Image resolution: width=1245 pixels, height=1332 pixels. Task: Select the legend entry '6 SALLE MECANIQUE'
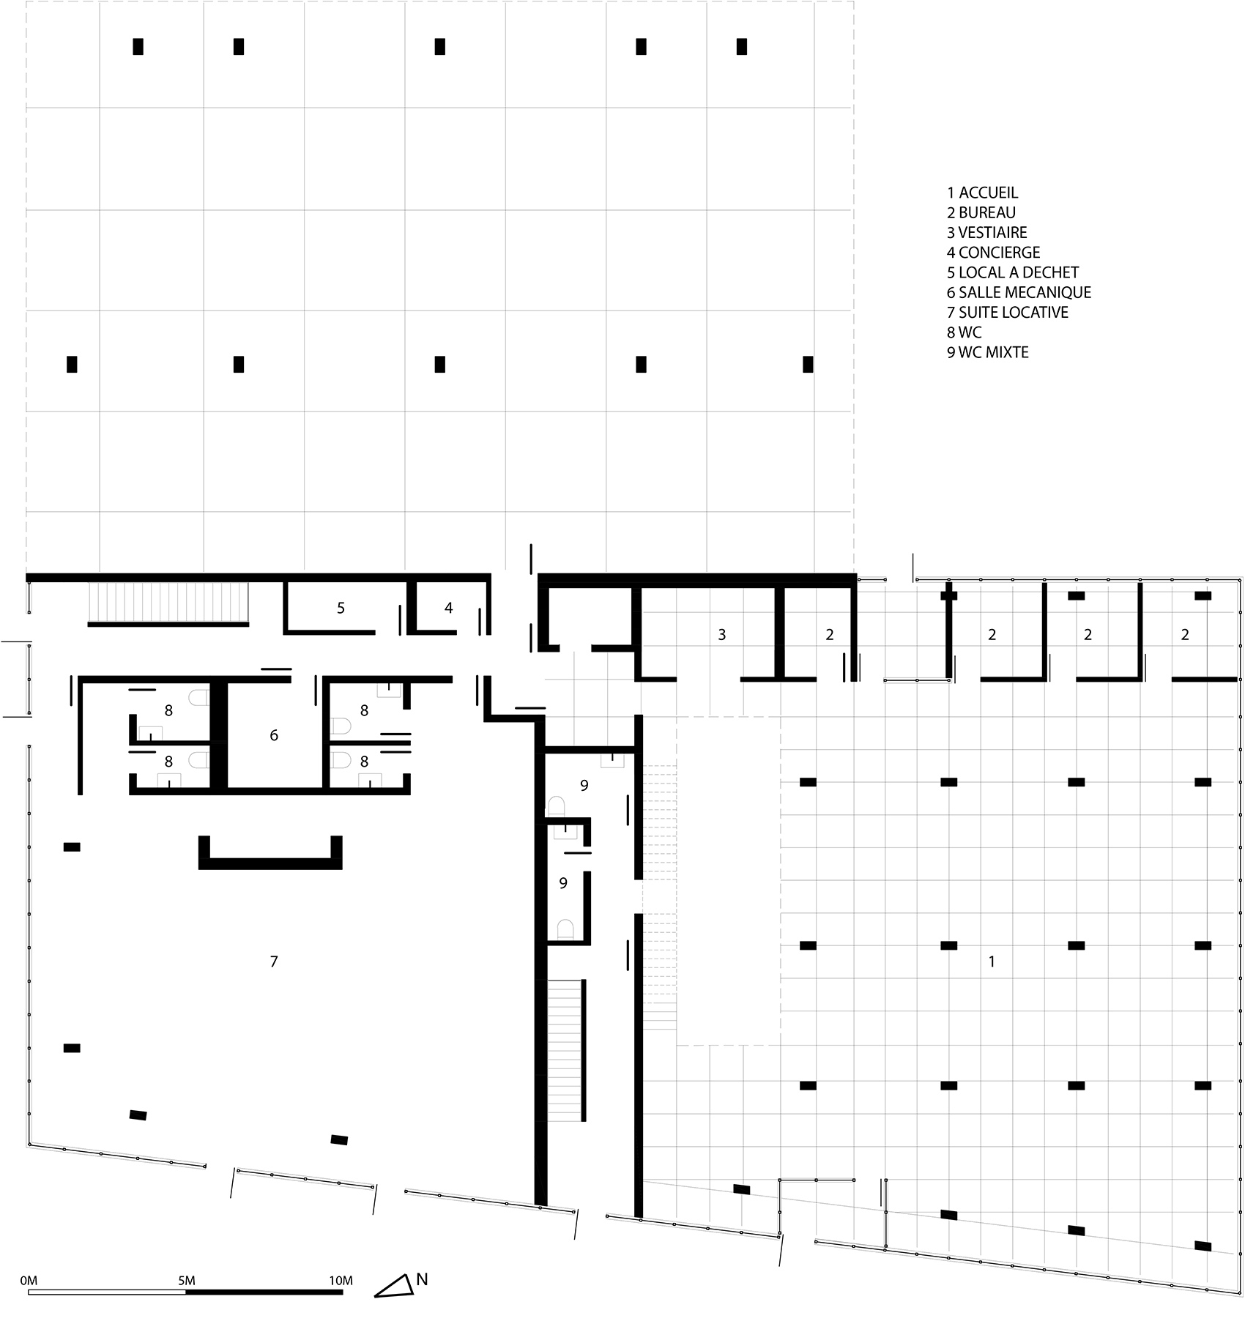[1019, 292]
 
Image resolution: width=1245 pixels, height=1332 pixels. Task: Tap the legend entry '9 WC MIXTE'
[987, 352]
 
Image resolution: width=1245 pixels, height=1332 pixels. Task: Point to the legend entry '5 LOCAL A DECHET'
[1013, 272]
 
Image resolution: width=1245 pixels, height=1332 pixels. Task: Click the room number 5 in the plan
[341, 608]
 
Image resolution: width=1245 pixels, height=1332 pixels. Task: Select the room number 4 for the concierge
[449, 608]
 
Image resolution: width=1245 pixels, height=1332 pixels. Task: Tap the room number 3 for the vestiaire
[721, 635]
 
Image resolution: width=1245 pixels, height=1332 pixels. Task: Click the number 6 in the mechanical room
[274, 735]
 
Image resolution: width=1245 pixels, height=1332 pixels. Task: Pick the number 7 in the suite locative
[274, 961]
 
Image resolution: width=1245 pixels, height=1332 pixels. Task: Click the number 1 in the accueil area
[992, 961]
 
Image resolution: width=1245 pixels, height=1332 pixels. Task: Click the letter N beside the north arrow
[422, 1279]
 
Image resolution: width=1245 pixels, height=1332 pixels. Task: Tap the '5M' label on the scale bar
[186, 1281]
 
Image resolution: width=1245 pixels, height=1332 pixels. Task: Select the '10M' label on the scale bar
[341, 1281]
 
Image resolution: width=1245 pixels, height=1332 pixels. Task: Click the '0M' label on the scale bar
[29, 1281]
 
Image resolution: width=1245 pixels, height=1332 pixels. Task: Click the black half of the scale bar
[264, 1292]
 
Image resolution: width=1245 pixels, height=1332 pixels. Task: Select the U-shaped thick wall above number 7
[270, 863]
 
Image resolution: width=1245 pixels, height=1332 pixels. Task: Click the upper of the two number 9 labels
[584, 786]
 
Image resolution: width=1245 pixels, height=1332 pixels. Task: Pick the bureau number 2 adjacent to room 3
[829, 635]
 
